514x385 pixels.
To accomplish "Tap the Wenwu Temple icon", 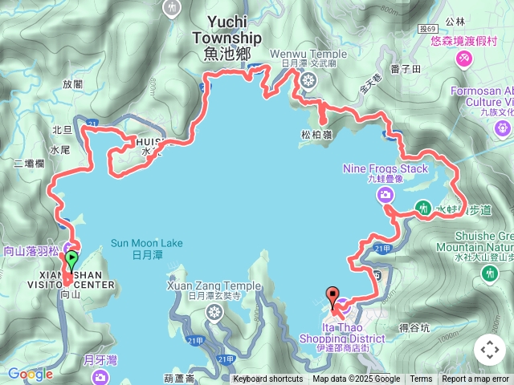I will click(309, 79).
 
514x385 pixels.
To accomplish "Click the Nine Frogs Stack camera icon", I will click(386, 195).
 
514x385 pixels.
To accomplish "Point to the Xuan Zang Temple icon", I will click(214, 312).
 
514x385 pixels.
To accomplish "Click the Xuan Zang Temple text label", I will click(214, 286).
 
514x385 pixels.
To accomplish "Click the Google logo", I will click(30, 374).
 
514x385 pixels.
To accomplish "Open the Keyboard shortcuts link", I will click(267, 379).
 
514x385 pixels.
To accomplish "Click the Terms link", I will click(421, 379).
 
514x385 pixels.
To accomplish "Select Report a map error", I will click(475, 379).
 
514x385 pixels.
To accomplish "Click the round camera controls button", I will click(489, 350).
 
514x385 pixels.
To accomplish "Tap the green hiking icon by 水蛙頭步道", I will click(422, 209).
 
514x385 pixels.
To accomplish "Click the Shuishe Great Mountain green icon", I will click(490, 274).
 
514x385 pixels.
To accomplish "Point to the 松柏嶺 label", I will click(317, 136).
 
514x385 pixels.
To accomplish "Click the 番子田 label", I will click(406, 70).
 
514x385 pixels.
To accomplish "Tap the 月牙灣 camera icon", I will click(100, 377).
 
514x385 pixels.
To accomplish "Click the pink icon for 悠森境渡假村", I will click(464, 59).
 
